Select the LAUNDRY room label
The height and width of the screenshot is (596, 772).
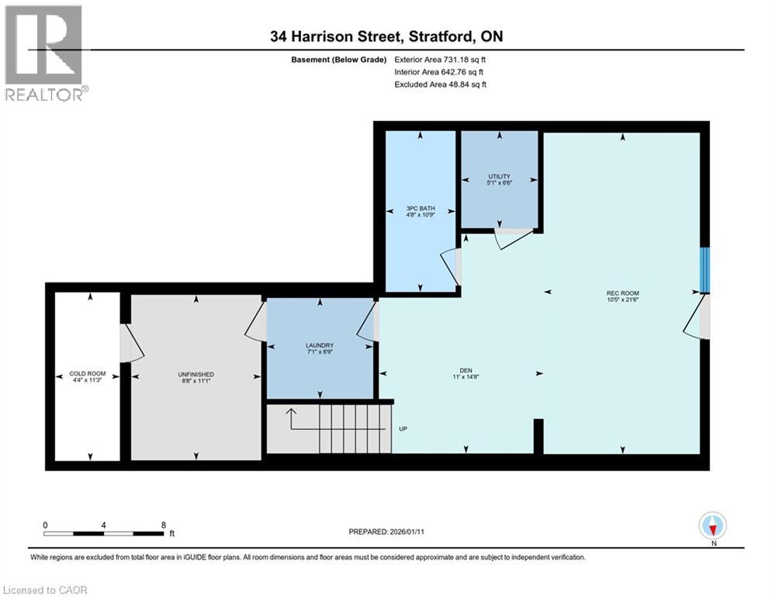pos(320,345)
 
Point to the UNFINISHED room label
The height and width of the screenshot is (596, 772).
pos(196,373)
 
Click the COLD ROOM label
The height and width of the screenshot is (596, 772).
pos(88,373)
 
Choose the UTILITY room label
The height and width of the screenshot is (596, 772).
pos(499,177)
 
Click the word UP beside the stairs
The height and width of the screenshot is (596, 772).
pos(403,428)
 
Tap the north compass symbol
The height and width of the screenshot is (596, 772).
pos(712,526)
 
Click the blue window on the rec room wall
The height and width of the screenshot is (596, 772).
pos(704,270)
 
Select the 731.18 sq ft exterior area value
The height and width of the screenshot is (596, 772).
pos(462,59)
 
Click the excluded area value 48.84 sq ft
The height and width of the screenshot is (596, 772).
pos(466,84)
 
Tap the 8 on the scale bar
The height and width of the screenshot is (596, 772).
pos(163,525)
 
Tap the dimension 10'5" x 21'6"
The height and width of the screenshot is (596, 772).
pos(622,300)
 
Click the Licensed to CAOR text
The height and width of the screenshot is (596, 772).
pos(46,590)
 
